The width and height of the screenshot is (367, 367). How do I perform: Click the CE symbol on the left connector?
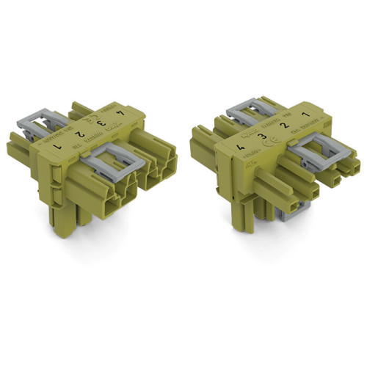point(92,118)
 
